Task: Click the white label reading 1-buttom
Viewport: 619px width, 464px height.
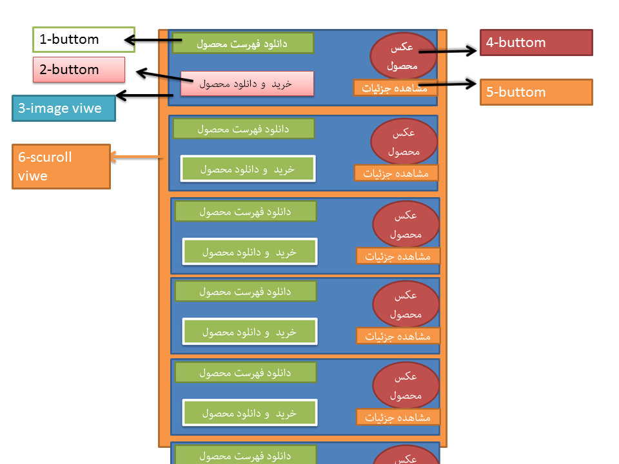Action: coord(84,39)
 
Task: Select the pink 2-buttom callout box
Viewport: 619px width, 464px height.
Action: coord(79,70)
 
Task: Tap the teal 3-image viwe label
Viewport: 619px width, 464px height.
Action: coord(64,108)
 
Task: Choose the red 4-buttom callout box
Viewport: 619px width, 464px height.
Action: coord(536,43)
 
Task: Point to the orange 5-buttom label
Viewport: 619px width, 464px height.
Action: coord(536,92)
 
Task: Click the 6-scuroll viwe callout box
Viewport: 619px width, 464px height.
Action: coord(61,166)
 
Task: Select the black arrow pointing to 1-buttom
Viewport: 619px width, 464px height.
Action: coord(148,41)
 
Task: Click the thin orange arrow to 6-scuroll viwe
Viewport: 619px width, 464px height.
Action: coord(136,157)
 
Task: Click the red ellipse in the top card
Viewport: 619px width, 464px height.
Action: coord(403,57)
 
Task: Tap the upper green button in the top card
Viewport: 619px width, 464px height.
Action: coord(243,43)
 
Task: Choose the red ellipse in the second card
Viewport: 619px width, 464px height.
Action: coord(404,142)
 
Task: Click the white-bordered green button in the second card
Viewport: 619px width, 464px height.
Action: coord(248,169)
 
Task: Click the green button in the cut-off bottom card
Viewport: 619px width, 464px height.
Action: coord(246,455)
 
